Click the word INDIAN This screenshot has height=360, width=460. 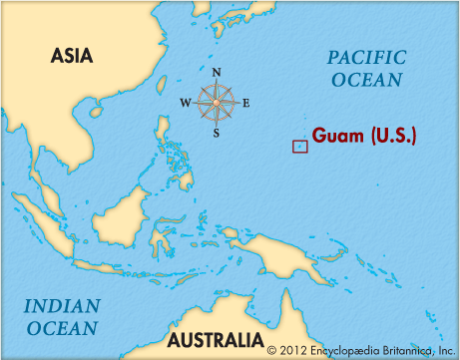(x=62, y=306)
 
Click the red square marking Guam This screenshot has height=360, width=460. (x=299, y=147)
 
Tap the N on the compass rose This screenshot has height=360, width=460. (x=217, y=71)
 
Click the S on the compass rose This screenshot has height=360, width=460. (x=217, y=133)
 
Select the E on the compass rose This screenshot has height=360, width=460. (x=245, y=103)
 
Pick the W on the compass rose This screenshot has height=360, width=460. (x=186, y=103)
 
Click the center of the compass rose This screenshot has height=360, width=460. (x=217, y=101)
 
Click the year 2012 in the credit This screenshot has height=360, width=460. (x=292, y=349)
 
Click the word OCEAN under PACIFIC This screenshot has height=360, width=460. (x=365, y=80)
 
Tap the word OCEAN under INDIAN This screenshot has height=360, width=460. (x=62, y=327)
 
